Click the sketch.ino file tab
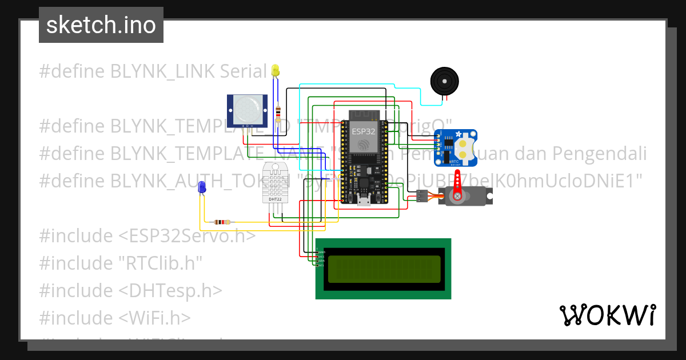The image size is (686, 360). (x=101, y=25)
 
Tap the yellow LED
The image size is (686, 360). (x=276, y=70)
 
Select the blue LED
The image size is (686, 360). (x=201, y=187)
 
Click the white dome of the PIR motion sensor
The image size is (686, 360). (x=247, y=108)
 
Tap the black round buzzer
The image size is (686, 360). (x=444, y=81)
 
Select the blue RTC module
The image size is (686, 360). (x=456, y=148)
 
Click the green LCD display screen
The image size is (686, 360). (x=384, y=269)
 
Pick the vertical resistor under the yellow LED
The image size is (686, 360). (x=278, y=111)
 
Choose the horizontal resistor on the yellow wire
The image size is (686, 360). (x=222, y=222)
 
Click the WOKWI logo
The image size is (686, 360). (x=607, y=315)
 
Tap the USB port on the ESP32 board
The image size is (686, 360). (x=363, y=199)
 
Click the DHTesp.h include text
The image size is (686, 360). (x=170, y=290)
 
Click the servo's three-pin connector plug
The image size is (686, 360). (x=421, y=196)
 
